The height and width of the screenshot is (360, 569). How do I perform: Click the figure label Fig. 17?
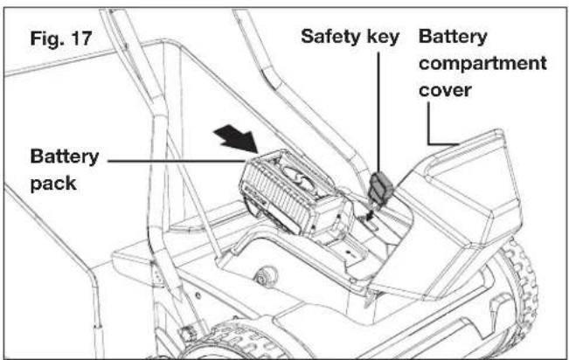coord(61,38)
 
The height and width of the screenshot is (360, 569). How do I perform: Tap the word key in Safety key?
coord(383,38)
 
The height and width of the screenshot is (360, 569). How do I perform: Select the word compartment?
coord(482,64)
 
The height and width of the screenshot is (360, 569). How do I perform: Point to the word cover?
coord(445,90)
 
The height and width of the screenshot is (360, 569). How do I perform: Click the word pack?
coord(53,183)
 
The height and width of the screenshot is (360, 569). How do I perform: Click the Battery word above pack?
coord(65,156)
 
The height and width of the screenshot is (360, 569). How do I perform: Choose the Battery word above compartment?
coord(453,37)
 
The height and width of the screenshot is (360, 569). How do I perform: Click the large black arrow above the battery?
coord(236,138)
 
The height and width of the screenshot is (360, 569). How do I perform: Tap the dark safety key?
coord(381,188)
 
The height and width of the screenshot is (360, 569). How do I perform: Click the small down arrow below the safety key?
coord(369,214)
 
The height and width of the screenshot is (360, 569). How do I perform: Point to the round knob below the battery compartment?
coord(266,276)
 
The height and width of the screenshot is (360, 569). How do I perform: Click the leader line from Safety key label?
coord(378,113)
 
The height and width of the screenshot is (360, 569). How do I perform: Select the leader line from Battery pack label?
coord(176,161)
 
